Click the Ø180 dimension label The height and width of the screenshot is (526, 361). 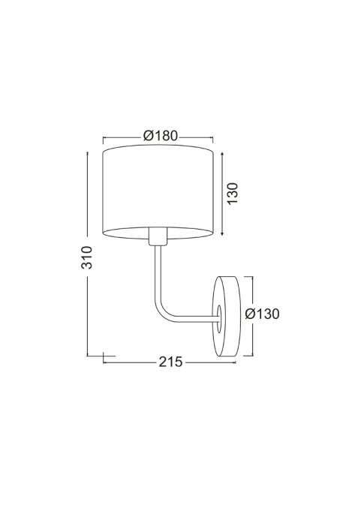(161, 136)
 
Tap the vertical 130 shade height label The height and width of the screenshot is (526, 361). (233, 194)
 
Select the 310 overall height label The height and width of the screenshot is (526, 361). (87, 257)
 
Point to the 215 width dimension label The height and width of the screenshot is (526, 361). (171, 362)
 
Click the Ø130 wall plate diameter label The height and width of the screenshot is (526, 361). (262, 314)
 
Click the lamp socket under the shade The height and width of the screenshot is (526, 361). (158, 236)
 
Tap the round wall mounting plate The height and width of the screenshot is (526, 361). (227, 317)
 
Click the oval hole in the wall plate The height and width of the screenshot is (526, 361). (219, 319)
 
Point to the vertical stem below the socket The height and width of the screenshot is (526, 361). (158, 272)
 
